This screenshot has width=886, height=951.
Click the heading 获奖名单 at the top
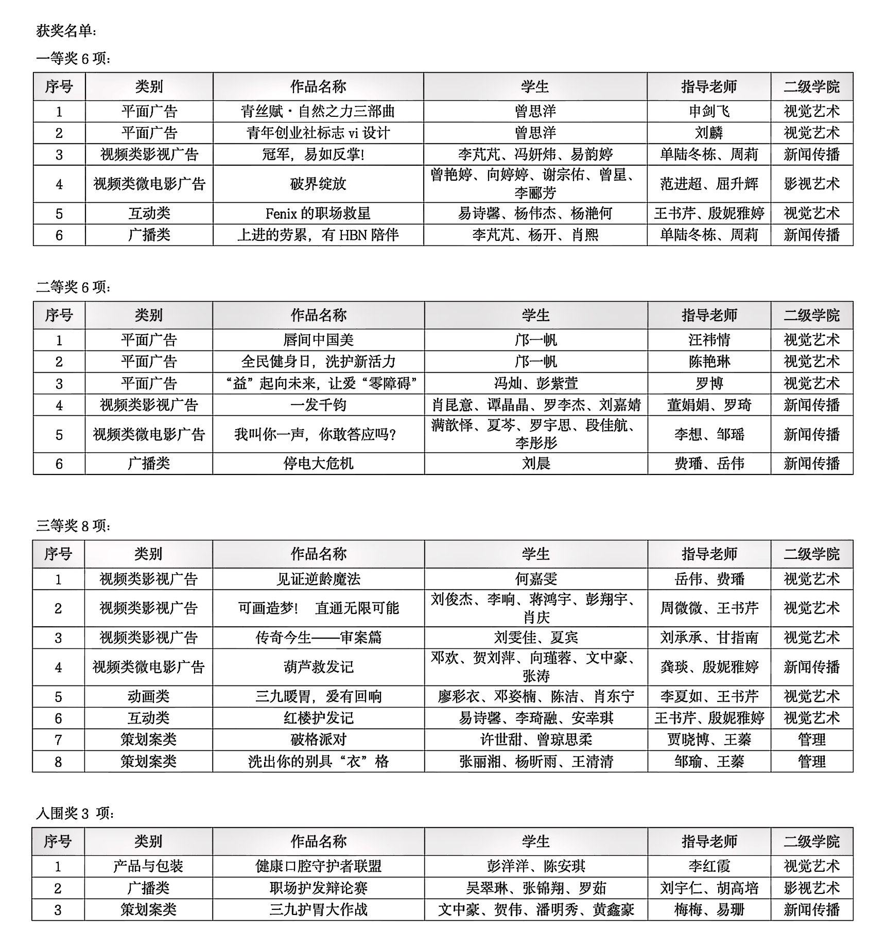pyautogui.click(x=65, y=31)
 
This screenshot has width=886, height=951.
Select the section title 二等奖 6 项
pyautogui.click(x=73, y=287)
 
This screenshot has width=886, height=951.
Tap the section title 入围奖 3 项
pyautogui.click(x=75, y=813)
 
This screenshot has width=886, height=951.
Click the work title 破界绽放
pyautogui.click(x=318, y=184)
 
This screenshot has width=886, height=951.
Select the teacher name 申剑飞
pyautogui.click(x=709, y=111)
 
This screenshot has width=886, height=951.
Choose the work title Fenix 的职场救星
pyautogui.click(x=318, y=213)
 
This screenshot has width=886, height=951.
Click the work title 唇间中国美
pyautogui.click(x=318, y=340)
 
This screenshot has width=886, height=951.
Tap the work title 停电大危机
pyautogui.click(x=318, y=463)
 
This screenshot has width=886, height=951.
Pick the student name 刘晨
pyautogui.click(x=536, y=463)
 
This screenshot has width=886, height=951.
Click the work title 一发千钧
pyautogui.click(x=318, y=404)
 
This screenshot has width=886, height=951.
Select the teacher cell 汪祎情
pyautogui.click(x=709, y=340)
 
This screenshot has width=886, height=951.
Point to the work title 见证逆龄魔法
pyautogui.click(x=318, y=579)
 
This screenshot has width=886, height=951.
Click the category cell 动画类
pyautogui.click(x=148, y=696)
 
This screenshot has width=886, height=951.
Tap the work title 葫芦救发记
pyautogui.click(x=318, y=667)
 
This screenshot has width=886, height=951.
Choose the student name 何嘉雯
pyautogui.click(x=536, y=579)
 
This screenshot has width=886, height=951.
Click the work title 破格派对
pyautogui.click(x=318, y=739)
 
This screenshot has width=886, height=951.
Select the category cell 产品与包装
pyautogui.click(x=148, y=866)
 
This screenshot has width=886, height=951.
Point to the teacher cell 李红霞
pyautogui.click(x=709, y=866)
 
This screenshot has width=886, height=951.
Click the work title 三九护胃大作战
pyautogui.click(x=318, y=909)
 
